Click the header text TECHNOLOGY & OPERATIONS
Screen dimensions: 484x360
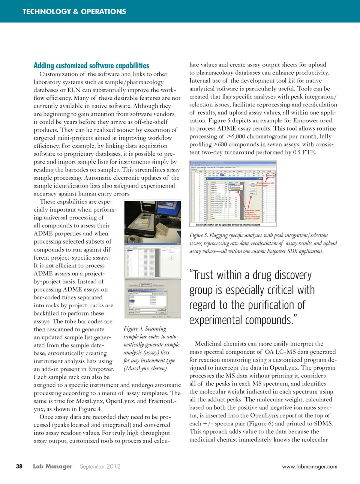74,12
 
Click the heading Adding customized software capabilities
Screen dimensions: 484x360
91,66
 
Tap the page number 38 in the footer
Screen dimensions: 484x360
19,466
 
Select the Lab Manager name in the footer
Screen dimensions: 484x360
52,466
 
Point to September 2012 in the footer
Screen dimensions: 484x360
100,466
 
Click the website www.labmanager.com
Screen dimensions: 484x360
309,467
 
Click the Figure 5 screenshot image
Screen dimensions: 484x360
233,194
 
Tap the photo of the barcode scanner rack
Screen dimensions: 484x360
153,221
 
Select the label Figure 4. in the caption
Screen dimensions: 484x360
133,329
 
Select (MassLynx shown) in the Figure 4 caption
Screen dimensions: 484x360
145,368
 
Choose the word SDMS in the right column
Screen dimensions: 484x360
323,424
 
